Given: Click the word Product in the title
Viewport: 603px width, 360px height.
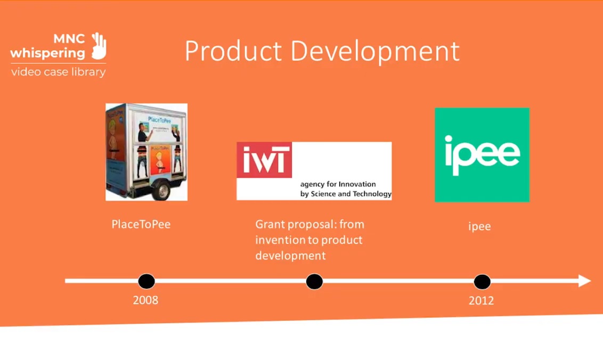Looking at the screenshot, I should pyautogui.click(x=233, y=52).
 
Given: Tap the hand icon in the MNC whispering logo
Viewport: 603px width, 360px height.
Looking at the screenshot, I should pyautogui.click(x=99, y=46).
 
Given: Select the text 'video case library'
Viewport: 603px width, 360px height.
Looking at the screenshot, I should pyautogui.click(x=58, y=72).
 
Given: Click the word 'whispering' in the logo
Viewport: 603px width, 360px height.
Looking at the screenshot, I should pyautogui.click(x=47, y=53).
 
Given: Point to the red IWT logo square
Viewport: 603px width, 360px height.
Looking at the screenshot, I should pyautogui.click(x=264, y=160).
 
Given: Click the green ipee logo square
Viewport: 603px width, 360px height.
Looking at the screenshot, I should pyautogui.click(x=482, y=155).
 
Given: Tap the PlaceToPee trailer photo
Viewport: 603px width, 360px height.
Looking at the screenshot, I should pyautogui.click(x=146, y=152).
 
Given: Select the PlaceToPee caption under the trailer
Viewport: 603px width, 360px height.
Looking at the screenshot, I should pyautogui.click(x=141, y=224).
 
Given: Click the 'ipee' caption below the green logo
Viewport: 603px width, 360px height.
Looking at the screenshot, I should pyautogui.click(x=479, y=226).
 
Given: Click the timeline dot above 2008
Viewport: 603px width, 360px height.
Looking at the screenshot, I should pyautogui.click(x=146, y=281).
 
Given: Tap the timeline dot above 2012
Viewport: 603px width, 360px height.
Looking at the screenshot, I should pyautogui.click(x=482, y=281).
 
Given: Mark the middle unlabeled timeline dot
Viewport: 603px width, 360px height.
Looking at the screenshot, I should pyautogui.click(x=314, y=281).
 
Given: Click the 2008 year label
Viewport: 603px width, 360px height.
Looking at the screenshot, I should pyautogui.click(x=145, y=300).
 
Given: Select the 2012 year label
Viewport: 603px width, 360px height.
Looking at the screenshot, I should pyautogui.click(x=481, y=300).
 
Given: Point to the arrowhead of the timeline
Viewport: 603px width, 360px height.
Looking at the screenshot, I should pyautogui.click(x=585, y=281).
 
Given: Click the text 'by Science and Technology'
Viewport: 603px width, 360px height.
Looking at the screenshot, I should pyautogui.click(x=346, y=194).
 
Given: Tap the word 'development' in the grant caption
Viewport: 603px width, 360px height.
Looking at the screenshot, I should pyautogui.click(x=290, y=256).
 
